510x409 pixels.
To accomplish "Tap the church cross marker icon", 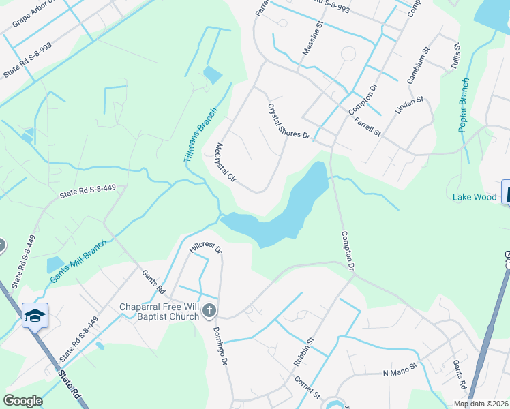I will (209, 312).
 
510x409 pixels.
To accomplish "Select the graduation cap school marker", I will (35, 316).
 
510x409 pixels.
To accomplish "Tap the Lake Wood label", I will (475, 197).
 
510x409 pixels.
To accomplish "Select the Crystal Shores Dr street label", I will (289, 122).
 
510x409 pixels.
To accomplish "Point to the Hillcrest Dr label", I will (206, 247).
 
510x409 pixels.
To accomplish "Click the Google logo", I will (22, 401).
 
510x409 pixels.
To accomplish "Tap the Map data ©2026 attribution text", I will (481, 404).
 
